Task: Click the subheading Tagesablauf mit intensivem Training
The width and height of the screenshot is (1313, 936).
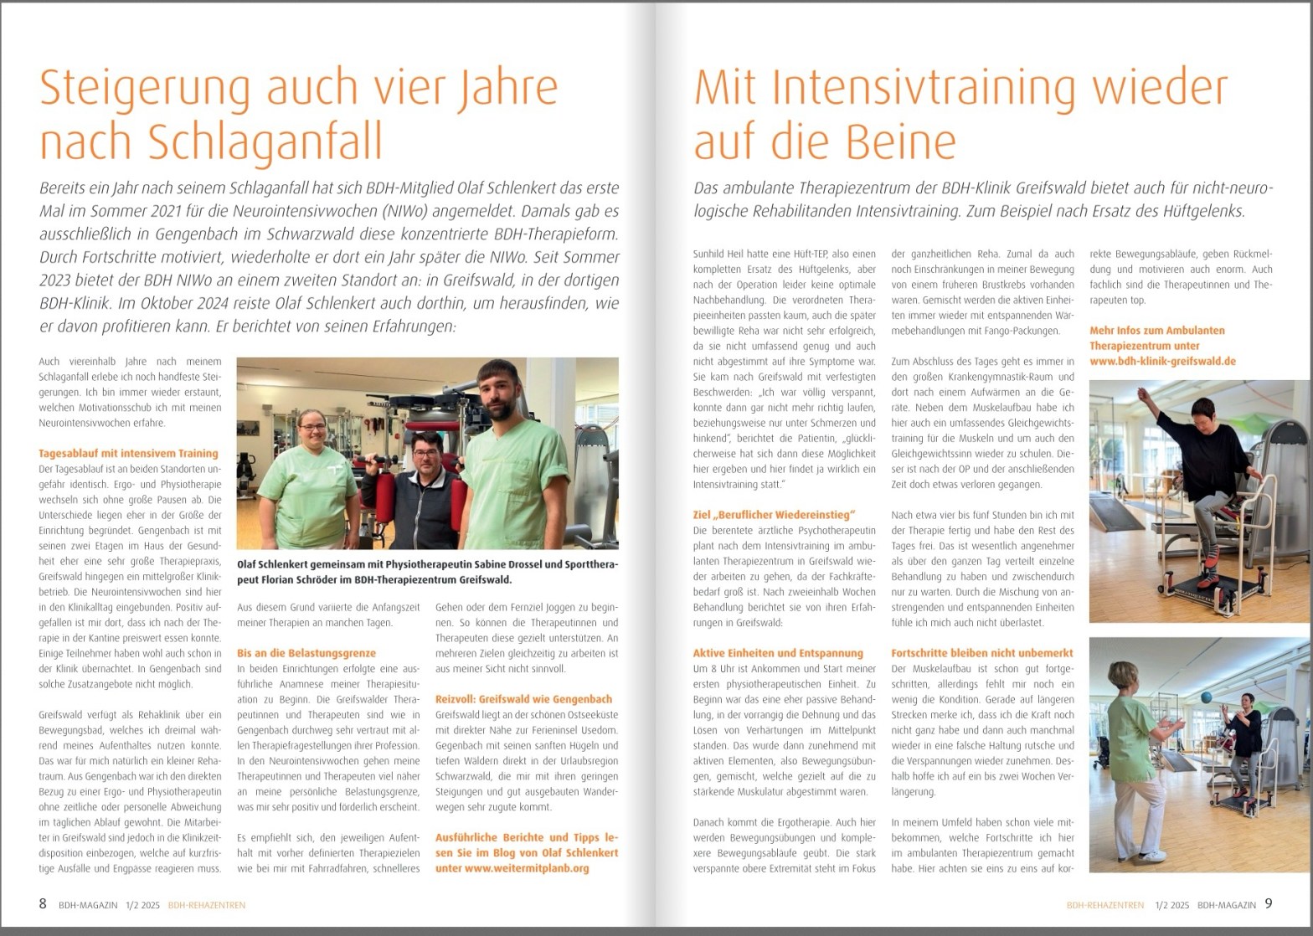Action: pyautogui.click(x=128, y=453)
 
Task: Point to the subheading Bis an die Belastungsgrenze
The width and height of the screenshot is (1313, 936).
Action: pyautogui.click(x=306, y=653)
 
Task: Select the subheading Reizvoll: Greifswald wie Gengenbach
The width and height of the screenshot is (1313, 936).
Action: pyautogui.click(x=523, y=699)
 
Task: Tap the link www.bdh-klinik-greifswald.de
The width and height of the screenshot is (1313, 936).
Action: pyautogui.click(x=1162, y=361)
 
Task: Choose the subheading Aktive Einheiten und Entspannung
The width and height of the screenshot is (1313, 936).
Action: pyautogui.click(x=778, y=653)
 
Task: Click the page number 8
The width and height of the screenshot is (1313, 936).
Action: pyautogui.click(x=43, y=904)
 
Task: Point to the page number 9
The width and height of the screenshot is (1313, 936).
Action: pyautogui.click(x=1269, y=904)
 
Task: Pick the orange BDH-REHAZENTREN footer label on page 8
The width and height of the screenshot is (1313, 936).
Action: pyautogui.click(x=206, y=905)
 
